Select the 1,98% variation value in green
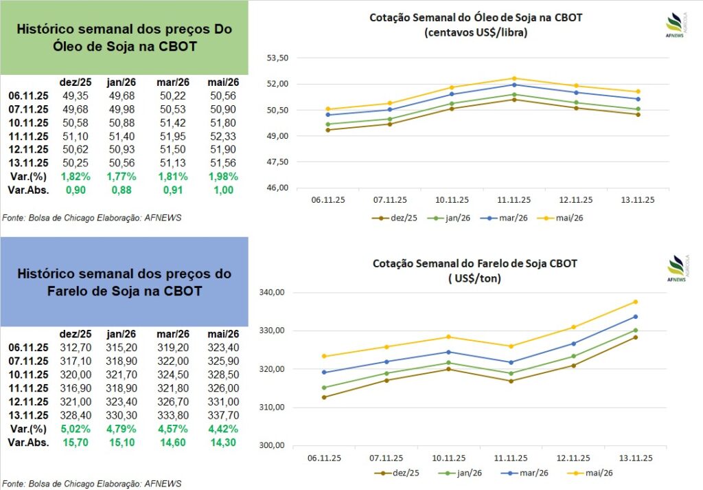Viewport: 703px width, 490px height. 222,176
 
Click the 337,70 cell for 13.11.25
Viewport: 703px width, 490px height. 222,415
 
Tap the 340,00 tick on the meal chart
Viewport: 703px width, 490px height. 273,293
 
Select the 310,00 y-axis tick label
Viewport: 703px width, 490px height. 273,408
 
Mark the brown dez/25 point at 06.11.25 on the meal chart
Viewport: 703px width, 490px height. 324,397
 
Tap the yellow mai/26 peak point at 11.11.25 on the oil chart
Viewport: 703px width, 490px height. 514,78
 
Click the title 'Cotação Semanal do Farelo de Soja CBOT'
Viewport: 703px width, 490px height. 475,263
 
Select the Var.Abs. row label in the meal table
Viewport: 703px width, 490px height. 28,443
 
